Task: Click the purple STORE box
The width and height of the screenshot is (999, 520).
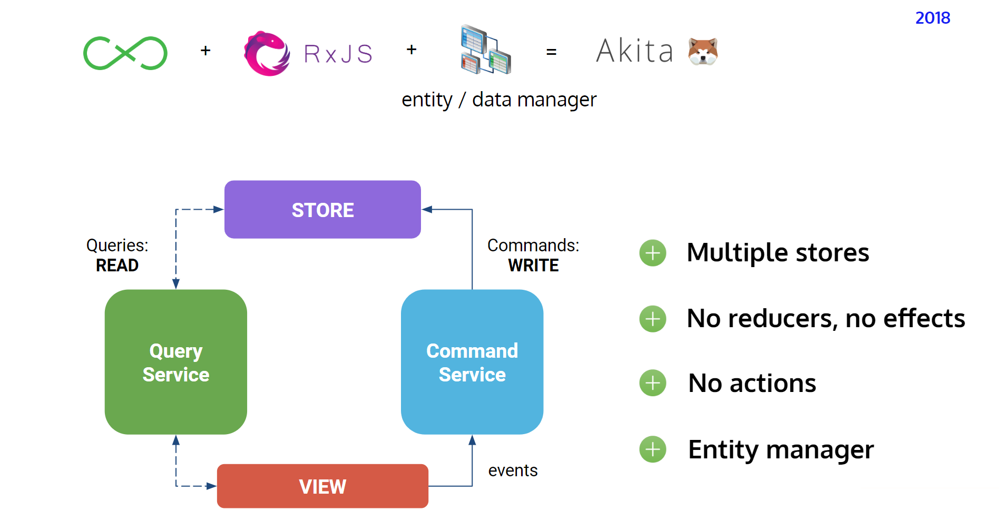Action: click(x=322, y=210)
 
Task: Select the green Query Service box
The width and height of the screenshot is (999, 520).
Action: click(x=175, y=362)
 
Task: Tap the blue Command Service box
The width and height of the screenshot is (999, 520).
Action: click(x=472, y=362)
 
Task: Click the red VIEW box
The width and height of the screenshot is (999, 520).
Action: click(x=322, y=486)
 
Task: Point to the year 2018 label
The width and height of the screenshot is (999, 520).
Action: click(x=932, y=18)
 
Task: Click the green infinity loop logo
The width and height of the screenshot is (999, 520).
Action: click(x=125, y=53)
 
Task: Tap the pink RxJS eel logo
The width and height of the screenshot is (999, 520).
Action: click(x=267, y=53)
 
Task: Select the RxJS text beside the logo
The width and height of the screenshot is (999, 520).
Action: click(x=338, y=54)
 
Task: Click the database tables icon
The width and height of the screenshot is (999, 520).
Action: click(x=485, y=50)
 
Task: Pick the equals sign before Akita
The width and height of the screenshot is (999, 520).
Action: click(x=551, y=52)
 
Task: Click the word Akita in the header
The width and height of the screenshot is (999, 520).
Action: click(x=635, y=52)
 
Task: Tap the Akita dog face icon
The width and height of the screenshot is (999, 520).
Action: click(x=703, y=52)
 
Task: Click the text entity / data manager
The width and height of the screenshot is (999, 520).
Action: click(x=498, y=100)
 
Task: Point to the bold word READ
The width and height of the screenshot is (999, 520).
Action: click(x=117, y=265)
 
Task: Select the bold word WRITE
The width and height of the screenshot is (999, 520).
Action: click(x=533, y=265)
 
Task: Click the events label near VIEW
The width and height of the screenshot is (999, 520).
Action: click(x=513, y=470)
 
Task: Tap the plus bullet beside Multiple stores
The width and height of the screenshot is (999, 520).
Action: click(x=652, y=253)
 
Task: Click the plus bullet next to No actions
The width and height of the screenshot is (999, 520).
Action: click(x=652, y=383)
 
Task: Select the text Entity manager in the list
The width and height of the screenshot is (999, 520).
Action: click(x=780, y=450)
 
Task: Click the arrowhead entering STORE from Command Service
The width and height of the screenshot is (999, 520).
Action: click(x=427, y=210)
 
